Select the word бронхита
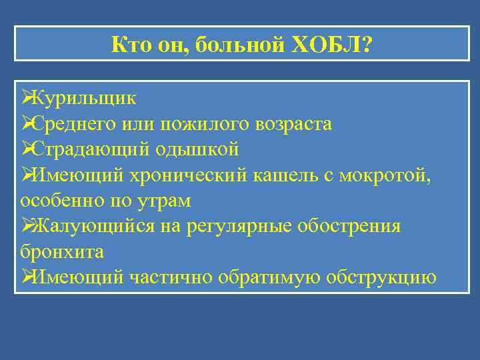62,251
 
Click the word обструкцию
381,277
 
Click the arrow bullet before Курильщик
27,99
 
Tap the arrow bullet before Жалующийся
27,226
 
